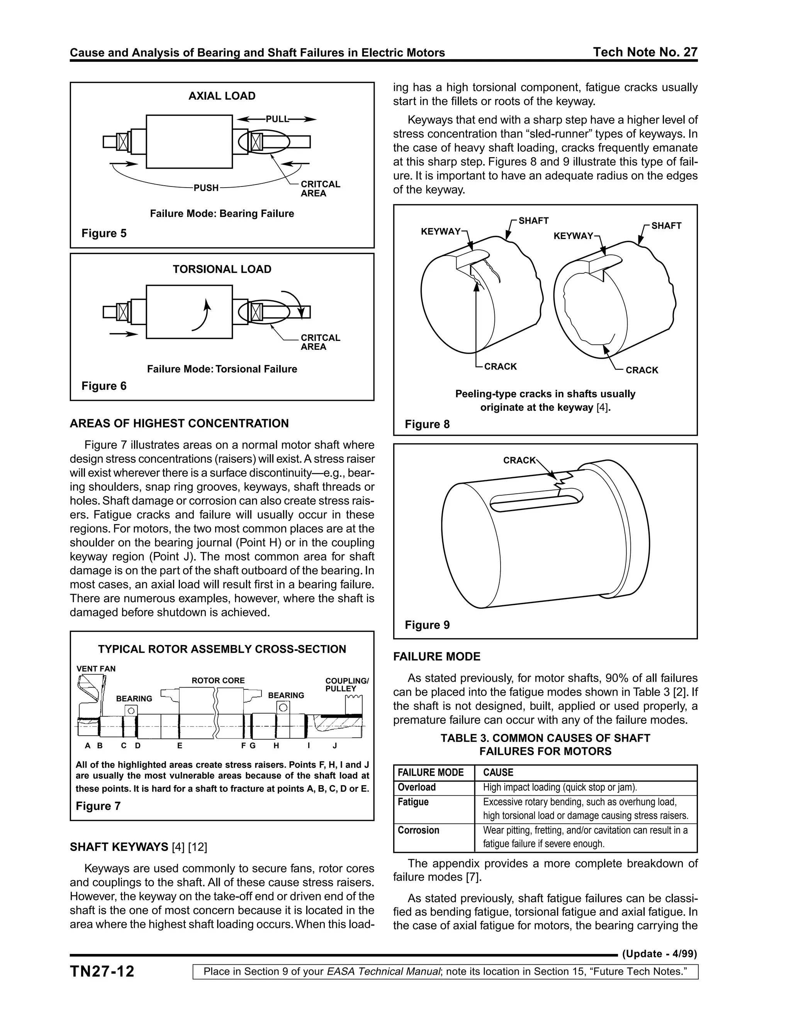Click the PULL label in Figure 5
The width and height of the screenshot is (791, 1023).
277,119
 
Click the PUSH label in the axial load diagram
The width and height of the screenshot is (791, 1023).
206,188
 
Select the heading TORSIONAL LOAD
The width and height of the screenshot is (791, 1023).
222,269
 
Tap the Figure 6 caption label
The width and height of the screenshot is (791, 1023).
104,386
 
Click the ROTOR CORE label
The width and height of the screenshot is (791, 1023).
218,681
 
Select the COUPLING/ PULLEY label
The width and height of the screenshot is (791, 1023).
347,685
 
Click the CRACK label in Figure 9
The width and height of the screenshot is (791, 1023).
519,461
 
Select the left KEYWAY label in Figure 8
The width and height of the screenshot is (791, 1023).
440,231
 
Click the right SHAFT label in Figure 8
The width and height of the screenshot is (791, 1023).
666,226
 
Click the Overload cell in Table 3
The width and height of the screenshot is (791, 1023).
417,788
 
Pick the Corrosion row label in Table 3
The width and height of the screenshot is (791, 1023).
418,830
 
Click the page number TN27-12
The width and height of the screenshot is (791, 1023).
102,971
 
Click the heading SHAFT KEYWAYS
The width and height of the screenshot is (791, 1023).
119,847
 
